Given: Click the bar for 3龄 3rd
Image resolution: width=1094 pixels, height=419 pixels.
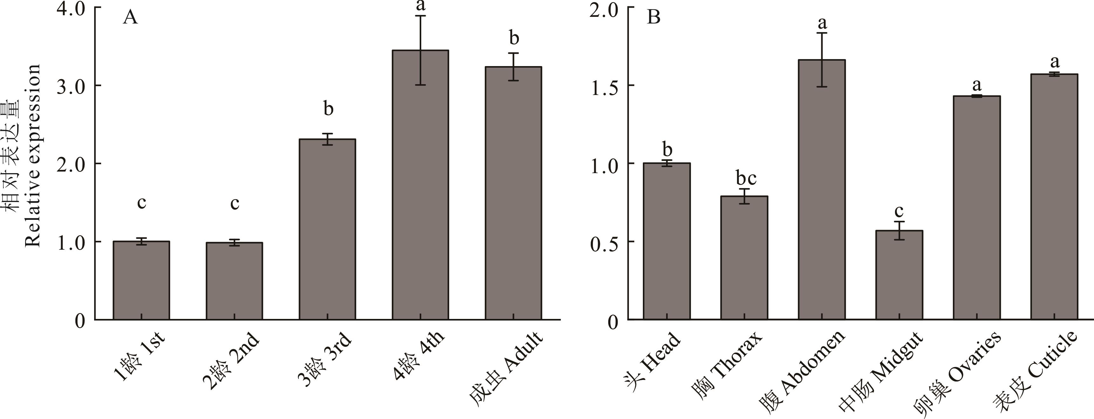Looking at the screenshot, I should click(x=327, y=229).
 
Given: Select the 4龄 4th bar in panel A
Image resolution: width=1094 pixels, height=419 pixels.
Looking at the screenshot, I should click(x=420, y=185).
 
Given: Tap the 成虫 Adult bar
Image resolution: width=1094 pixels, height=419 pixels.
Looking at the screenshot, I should click(x=513, y=193).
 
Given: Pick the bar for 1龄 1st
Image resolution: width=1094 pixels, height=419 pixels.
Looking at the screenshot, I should click(x=141, y=280).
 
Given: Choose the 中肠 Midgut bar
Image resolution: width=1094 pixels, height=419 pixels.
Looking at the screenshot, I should click(x=899, y=275).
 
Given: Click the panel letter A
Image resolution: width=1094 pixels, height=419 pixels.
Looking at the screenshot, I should click(x=130, y=17).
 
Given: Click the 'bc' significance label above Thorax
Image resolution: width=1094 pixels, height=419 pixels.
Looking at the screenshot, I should click(x=746, y=178).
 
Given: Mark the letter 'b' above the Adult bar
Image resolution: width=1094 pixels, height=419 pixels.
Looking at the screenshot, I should click(x=514, y=38).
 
